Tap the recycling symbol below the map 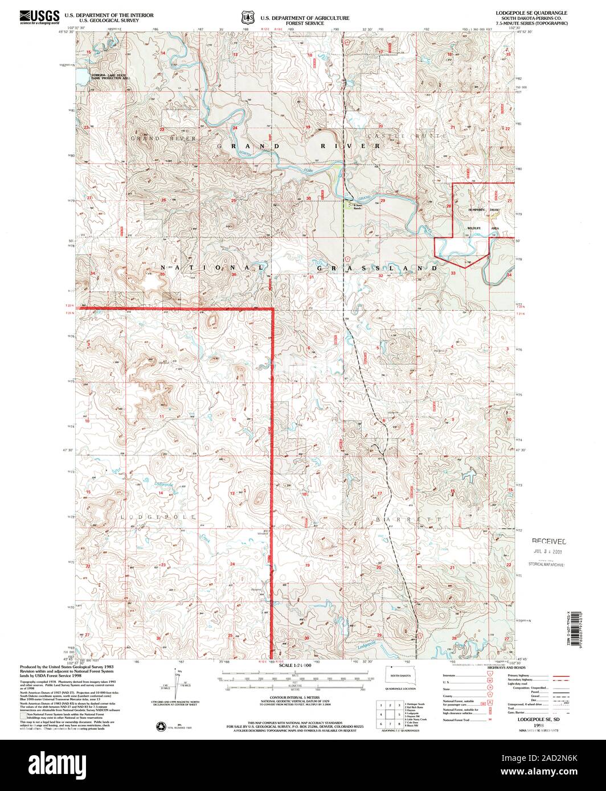(x=159, y=726)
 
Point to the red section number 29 (x=383, y=200)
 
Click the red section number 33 (x=453, y=273)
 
